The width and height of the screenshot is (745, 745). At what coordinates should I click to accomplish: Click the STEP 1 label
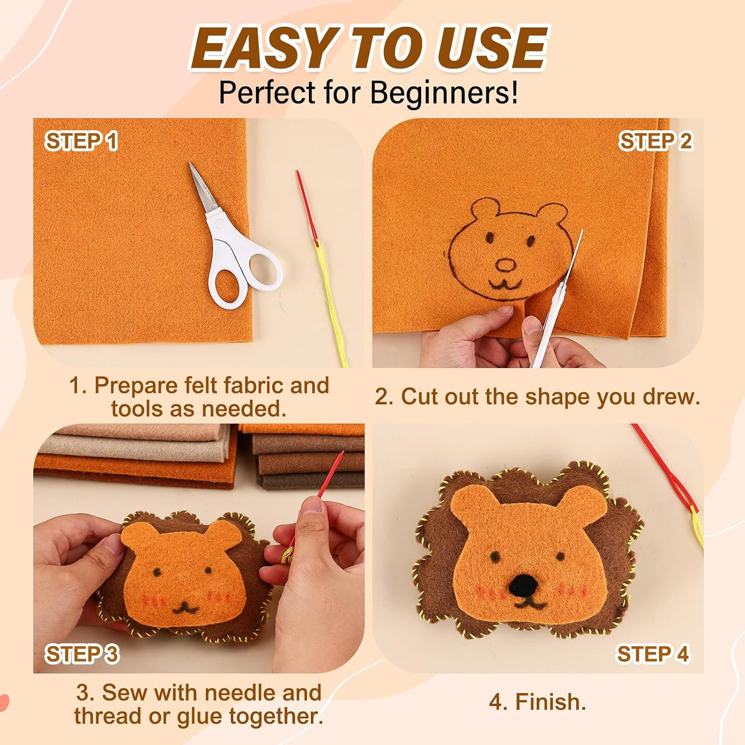click(82, 141)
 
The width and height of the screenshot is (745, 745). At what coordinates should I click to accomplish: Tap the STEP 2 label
click(655, 141)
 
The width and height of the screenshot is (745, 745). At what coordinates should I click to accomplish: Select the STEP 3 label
click(82, 654)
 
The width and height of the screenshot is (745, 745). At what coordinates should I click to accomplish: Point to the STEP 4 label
click(653, 654)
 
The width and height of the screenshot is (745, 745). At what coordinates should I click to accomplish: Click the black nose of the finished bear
click(522, 585)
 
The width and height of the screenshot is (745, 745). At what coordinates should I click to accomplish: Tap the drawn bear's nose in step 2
click(506, 265)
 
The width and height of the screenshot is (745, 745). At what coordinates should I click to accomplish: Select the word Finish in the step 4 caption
click(548, 702)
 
